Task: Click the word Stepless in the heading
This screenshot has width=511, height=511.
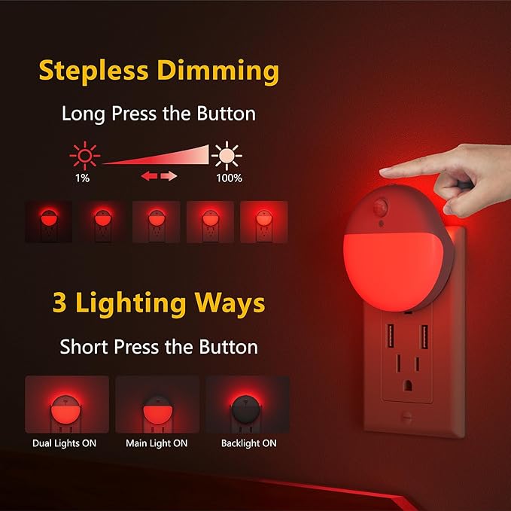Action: pos(93,71)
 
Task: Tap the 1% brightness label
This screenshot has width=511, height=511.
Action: pos(82,178)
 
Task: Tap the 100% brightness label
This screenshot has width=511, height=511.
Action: pos(228,178)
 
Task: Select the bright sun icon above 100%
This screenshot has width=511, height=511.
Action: pos(227,156)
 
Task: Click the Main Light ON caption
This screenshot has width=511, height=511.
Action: pos(157,443)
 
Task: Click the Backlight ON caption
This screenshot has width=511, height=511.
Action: pos(248,443)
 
